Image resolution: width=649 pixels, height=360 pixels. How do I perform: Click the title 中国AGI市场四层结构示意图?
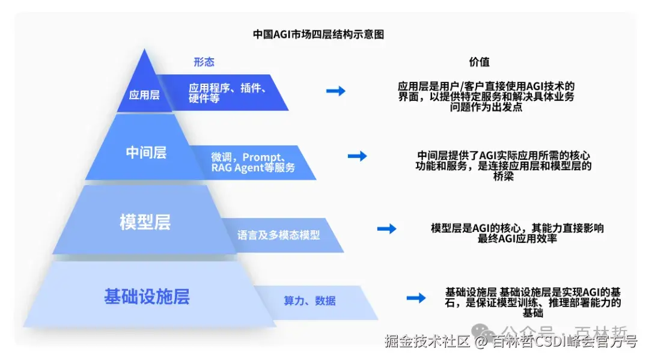(x=318, y=35)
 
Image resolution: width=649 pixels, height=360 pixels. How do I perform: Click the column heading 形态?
(x=204, y=62)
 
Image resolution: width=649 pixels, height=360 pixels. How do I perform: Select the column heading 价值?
(x=479, y=62)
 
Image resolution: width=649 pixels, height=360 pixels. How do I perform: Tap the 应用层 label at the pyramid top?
(x=144, y=94)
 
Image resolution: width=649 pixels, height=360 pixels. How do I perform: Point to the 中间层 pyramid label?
(x=146, y=153)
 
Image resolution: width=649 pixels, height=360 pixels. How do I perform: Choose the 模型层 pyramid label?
(x=145, y=222)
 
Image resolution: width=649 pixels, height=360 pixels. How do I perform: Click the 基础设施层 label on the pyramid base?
(x=147, y=296)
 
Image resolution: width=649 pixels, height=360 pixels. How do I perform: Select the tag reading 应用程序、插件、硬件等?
(x=227, y=93)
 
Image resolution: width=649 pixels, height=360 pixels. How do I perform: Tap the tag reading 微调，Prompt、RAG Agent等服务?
(x=253, y=162)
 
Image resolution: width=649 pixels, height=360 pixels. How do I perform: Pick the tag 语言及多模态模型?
(x=278, y=235)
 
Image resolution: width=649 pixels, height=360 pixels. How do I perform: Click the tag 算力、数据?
(x=309, y=301)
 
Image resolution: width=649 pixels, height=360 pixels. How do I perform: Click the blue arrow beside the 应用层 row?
(x=335, y=91)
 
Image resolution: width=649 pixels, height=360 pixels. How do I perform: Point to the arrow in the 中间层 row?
(x=357, y=156)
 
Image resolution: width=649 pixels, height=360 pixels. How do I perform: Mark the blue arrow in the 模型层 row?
(x=386, y=228)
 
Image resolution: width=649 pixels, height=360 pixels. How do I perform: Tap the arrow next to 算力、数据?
(x=416, y=297)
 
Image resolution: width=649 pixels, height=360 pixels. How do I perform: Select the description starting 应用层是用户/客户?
(x=486, y=97)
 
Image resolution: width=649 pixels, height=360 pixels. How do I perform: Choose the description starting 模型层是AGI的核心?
(x=517, y=233)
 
